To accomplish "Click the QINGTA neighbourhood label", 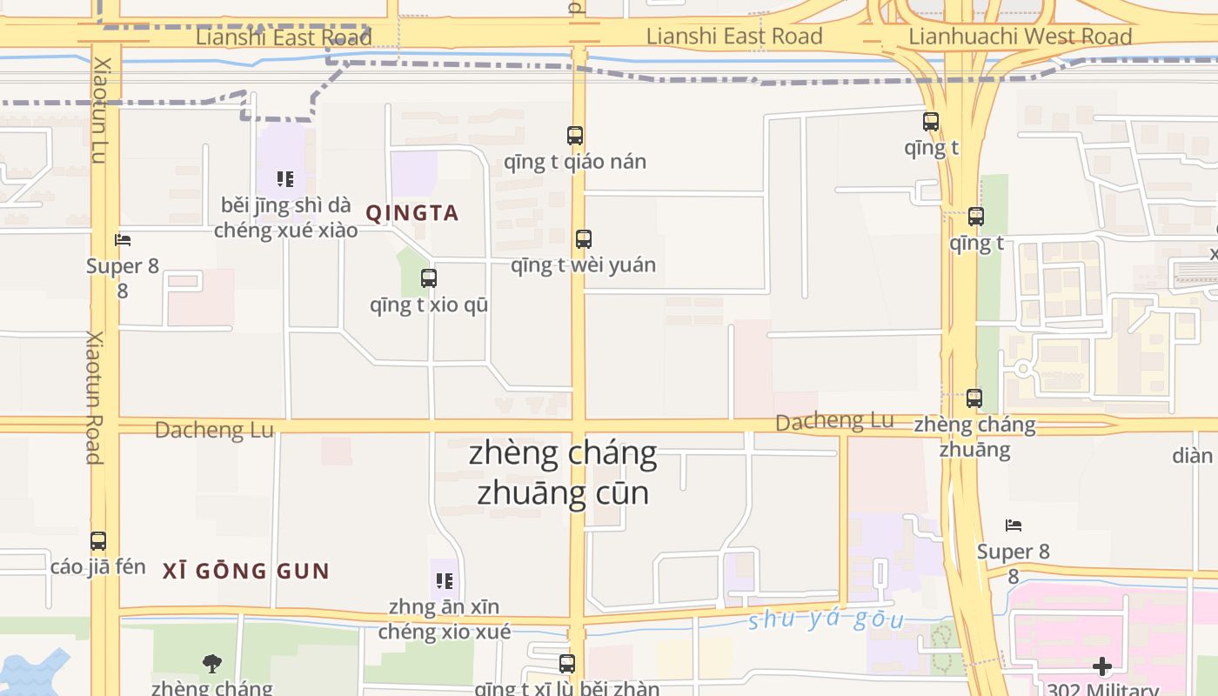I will [412, 213].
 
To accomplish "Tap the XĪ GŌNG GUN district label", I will [246, 572].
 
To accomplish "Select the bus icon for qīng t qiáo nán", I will [574, 136].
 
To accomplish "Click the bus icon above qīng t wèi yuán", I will [583, 238].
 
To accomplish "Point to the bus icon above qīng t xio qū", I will [428, 278].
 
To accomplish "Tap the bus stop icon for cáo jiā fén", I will [98, 541].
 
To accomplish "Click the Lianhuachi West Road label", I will [1020, 37].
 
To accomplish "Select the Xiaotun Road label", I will [94, 397].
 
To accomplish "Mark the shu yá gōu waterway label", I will [826, 619].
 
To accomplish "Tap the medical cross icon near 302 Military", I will [1101, 666].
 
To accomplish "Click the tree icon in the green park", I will [211, 664].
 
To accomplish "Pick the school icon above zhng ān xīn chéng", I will [444, 580].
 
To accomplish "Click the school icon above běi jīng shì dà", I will [284, 179].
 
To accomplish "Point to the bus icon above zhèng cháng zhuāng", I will [974, 398].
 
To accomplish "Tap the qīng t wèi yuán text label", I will [583, 264].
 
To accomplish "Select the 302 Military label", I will [1102, 690].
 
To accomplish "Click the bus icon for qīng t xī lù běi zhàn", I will [566, 664].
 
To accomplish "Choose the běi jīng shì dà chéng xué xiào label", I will [285, 217].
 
